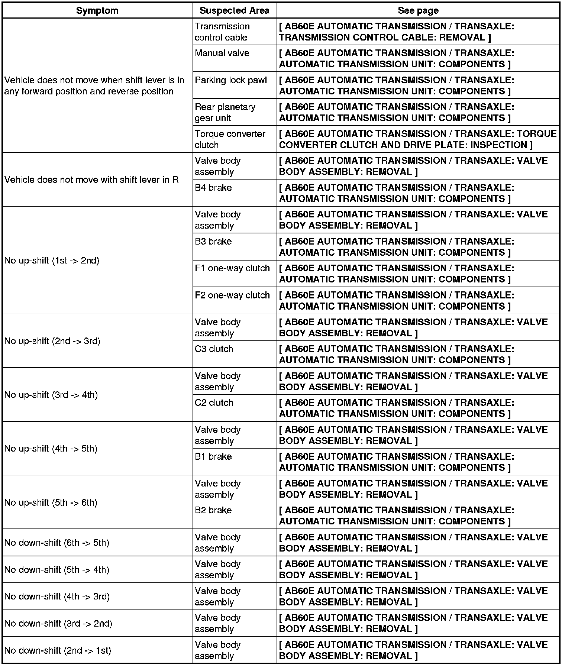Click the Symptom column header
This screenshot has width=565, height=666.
pos(97,10)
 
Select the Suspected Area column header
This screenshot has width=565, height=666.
pos(234,10)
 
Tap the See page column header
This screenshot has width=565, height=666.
pos(418,10)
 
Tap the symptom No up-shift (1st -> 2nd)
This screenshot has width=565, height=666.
pos(52,261)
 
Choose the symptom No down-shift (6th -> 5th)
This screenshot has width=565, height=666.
pos(56,543)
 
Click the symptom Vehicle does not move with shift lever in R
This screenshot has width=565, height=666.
pos(91,180)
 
